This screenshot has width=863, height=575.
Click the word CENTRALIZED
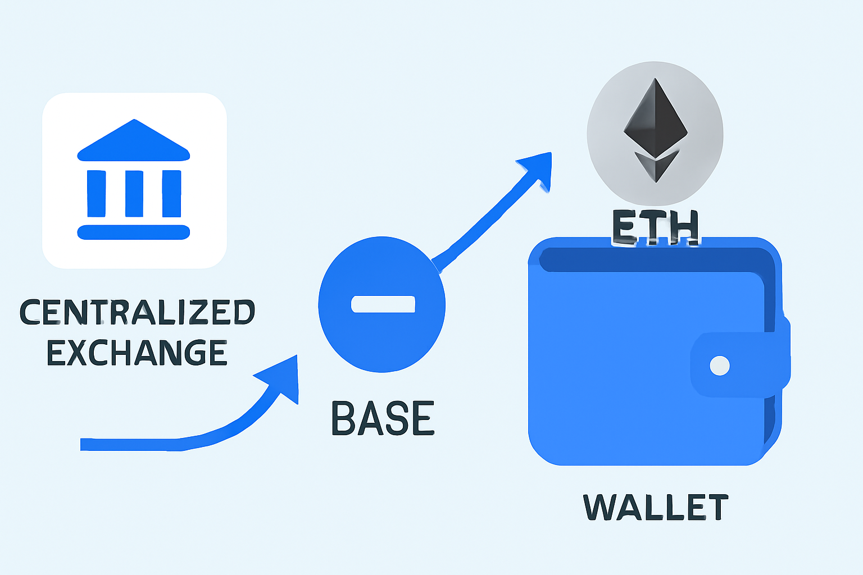(137, 312)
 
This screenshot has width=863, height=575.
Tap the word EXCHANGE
(137, 353)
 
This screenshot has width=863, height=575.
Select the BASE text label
(383, 418)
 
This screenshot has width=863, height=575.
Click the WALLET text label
(656, 507)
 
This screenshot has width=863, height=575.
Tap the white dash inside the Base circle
(383, 304)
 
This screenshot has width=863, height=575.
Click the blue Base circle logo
(382, 337)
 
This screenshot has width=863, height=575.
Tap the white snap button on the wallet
(720, 366)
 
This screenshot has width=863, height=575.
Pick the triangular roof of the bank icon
(134, 142)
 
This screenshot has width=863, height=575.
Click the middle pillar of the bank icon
(134, 193)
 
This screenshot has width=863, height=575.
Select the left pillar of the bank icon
(97, 193)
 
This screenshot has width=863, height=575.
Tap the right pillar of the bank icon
(171, 193)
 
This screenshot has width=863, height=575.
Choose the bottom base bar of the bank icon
(134, 232)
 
